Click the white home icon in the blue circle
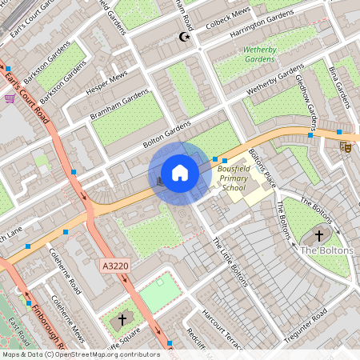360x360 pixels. point(180,173)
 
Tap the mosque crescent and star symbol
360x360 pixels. point(186,37)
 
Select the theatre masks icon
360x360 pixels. point(346,146)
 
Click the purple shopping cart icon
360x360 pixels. point(10,98)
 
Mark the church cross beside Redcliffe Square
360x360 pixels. point(122,319)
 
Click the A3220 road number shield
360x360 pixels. point(115,265)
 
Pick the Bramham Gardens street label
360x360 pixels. point(120,103)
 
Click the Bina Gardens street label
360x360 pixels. point(339,87)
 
